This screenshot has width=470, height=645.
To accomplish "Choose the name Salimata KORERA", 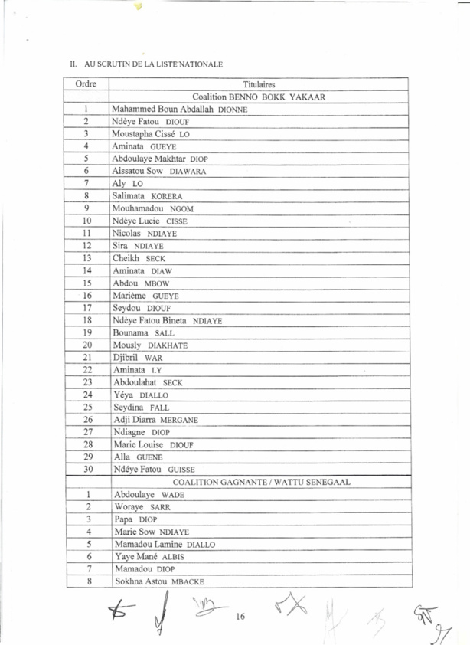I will click(x=147, y=196).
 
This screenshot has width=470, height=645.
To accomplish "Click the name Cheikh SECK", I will click(x=138, y=258).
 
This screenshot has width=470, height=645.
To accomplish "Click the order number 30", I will click(x=88, y=470).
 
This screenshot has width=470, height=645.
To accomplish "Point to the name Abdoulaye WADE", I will click(x=148, y=495).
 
